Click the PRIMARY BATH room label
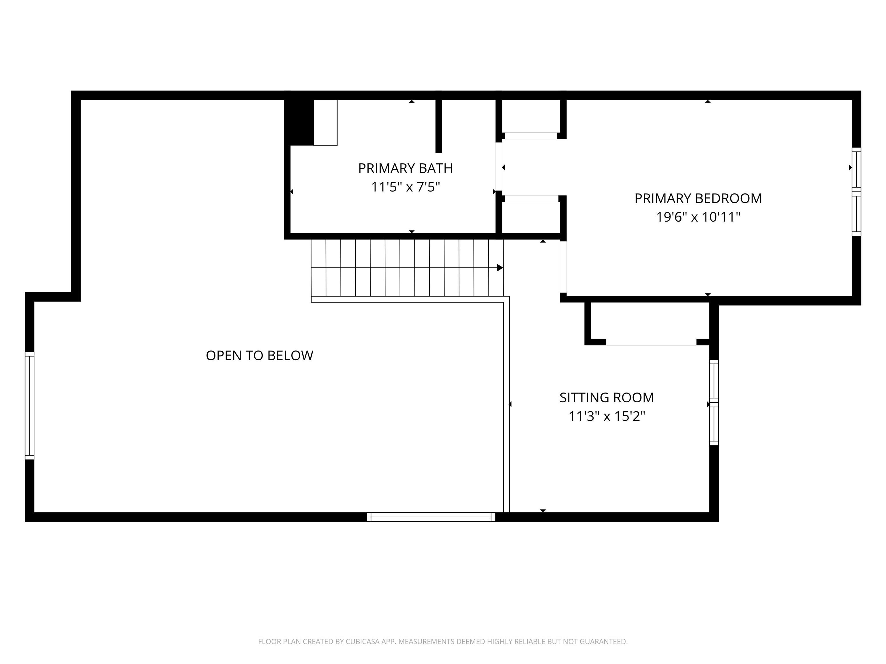pos(405,169)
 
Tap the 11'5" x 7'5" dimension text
pos(405,187)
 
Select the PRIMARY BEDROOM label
pos(698,199)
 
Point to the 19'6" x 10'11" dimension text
pos(698,217)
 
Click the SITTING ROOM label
pos(607,398)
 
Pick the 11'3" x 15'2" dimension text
pos(607,417)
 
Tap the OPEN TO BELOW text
pos(259,355)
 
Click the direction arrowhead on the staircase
pos(500,268)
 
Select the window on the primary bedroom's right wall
pos(856,192)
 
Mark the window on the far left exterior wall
pos(30,405)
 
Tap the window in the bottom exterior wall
pos(431,517)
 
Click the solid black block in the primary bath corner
pos(299,122)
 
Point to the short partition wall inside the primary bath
pos(439,126)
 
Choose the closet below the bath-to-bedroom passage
pos(531,217)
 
